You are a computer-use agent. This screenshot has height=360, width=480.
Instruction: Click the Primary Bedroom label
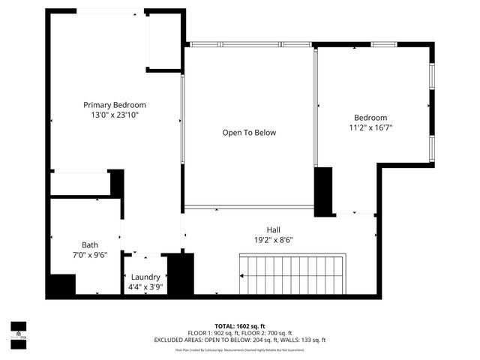click(x=115, y=105)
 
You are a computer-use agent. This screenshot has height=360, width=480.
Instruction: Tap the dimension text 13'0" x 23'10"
click(x=115, y=115)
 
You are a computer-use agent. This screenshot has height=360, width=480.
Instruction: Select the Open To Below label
click(x=249, y=133)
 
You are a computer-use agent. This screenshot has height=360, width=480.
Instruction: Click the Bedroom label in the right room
click(x=370, y=118)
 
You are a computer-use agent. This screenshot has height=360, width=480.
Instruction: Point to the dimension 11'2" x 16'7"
click(x=370, y=127)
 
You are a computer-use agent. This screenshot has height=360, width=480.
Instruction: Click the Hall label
click(x=274, y=230)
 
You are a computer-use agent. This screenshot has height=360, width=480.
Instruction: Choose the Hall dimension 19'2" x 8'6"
click(x=274, y=240)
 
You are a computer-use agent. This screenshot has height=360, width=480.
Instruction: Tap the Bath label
click(x=90, y=245)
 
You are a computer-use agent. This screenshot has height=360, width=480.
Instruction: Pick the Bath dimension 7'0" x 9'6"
click(x=90, y=255)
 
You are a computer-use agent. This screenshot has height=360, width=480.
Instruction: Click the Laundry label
click(x=145, y=277)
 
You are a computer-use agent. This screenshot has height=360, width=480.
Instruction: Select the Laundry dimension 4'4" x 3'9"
click(x=145, y=286)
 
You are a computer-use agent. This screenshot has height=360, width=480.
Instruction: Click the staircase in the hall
click(x=292, y=274)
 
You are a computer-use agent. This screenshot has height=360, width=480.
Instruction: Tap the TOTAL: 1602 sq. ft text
click(x=240, y=326)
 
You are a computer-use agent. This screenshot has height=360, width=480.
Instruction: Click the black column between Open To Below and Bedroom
click(x=322, y=192)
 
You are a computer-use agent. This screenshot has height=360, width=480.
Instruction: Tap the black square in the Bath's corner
click(x=61, y=286)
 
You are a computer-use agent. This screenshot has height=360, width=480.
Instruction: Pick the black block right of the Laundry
click(x=181, y=274)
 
